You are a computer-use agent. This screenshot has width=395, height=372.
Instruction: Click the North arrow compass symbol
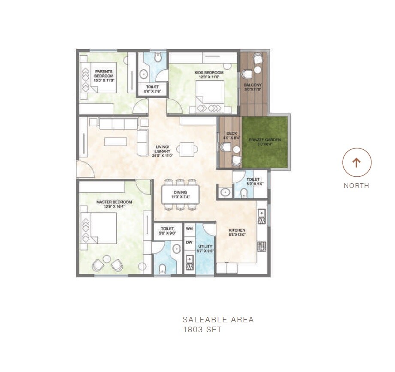(356, 163)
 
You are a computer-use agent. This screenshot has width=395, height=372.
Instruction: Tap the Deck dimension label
(232, 136)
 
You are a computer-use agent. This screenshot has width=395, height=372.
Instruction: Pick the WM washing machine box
(189, 229)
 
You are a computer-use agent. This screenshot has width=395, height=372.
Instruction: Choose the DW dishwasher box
(189, 242)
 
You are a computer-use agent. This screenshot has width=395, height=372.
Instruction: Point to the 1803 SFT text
(202, 330)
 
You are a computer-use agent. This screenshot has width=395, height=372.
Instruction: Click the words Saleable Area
(218, 319)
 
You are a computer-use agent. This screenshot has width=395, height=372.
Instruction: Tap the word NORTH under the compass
(356, 186)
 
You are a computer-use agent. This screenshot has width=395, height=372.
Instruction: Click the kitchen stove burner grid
(262, 247)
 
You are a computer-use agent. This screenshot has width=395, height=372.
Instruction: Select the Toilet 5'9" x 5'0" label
(253, 182)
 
